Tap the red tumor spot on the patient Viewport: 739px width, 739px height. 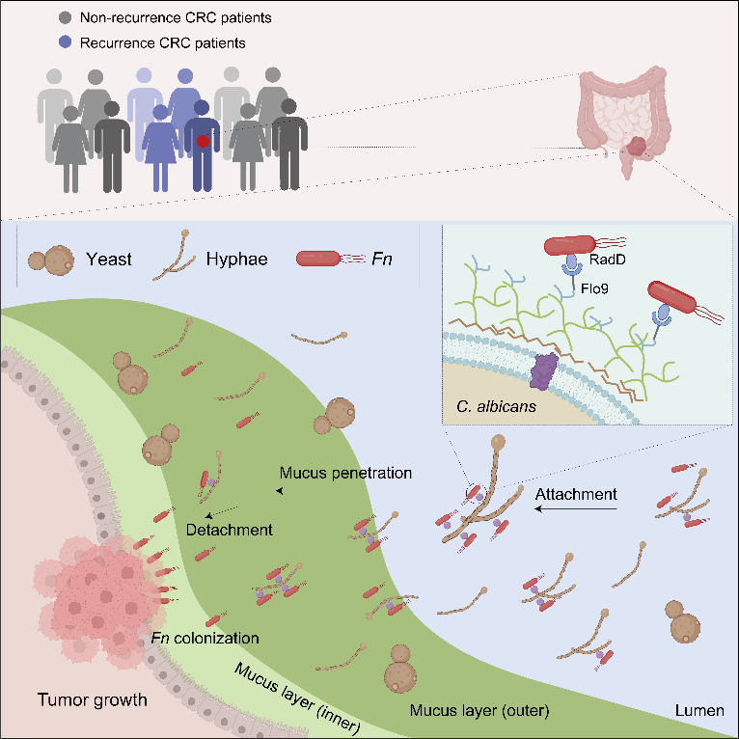[203, 142]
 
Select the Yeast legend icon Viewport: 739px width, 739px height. [48, 259]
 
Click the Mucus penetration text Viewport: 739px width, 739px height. [345, 474]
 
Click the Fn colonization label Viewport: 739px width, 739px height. [205, 639]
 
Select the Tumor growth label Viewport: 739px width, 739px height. [93, 699]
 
